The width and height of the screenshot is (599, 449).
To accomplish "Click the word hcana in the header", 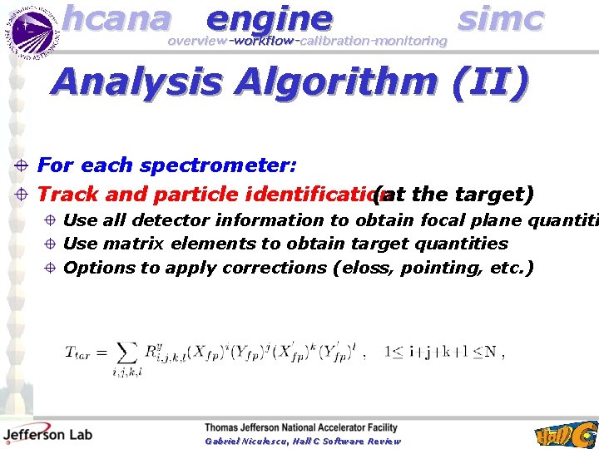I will tap(116, 17).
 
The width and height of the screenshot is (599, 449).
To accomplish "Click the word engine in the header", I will tap(269, 17).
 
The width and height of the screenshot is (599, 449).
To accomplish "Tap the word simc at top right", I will tap(501, 17).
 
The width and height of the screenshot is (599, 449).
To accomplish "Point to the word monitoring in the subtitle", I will tap(410, 41).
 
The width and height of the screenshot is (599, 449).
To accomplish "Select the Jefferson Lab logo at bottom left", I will tap(47, 432).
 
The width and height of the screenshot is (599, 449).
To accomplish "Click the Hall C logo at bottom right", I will tap(565, 433).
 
